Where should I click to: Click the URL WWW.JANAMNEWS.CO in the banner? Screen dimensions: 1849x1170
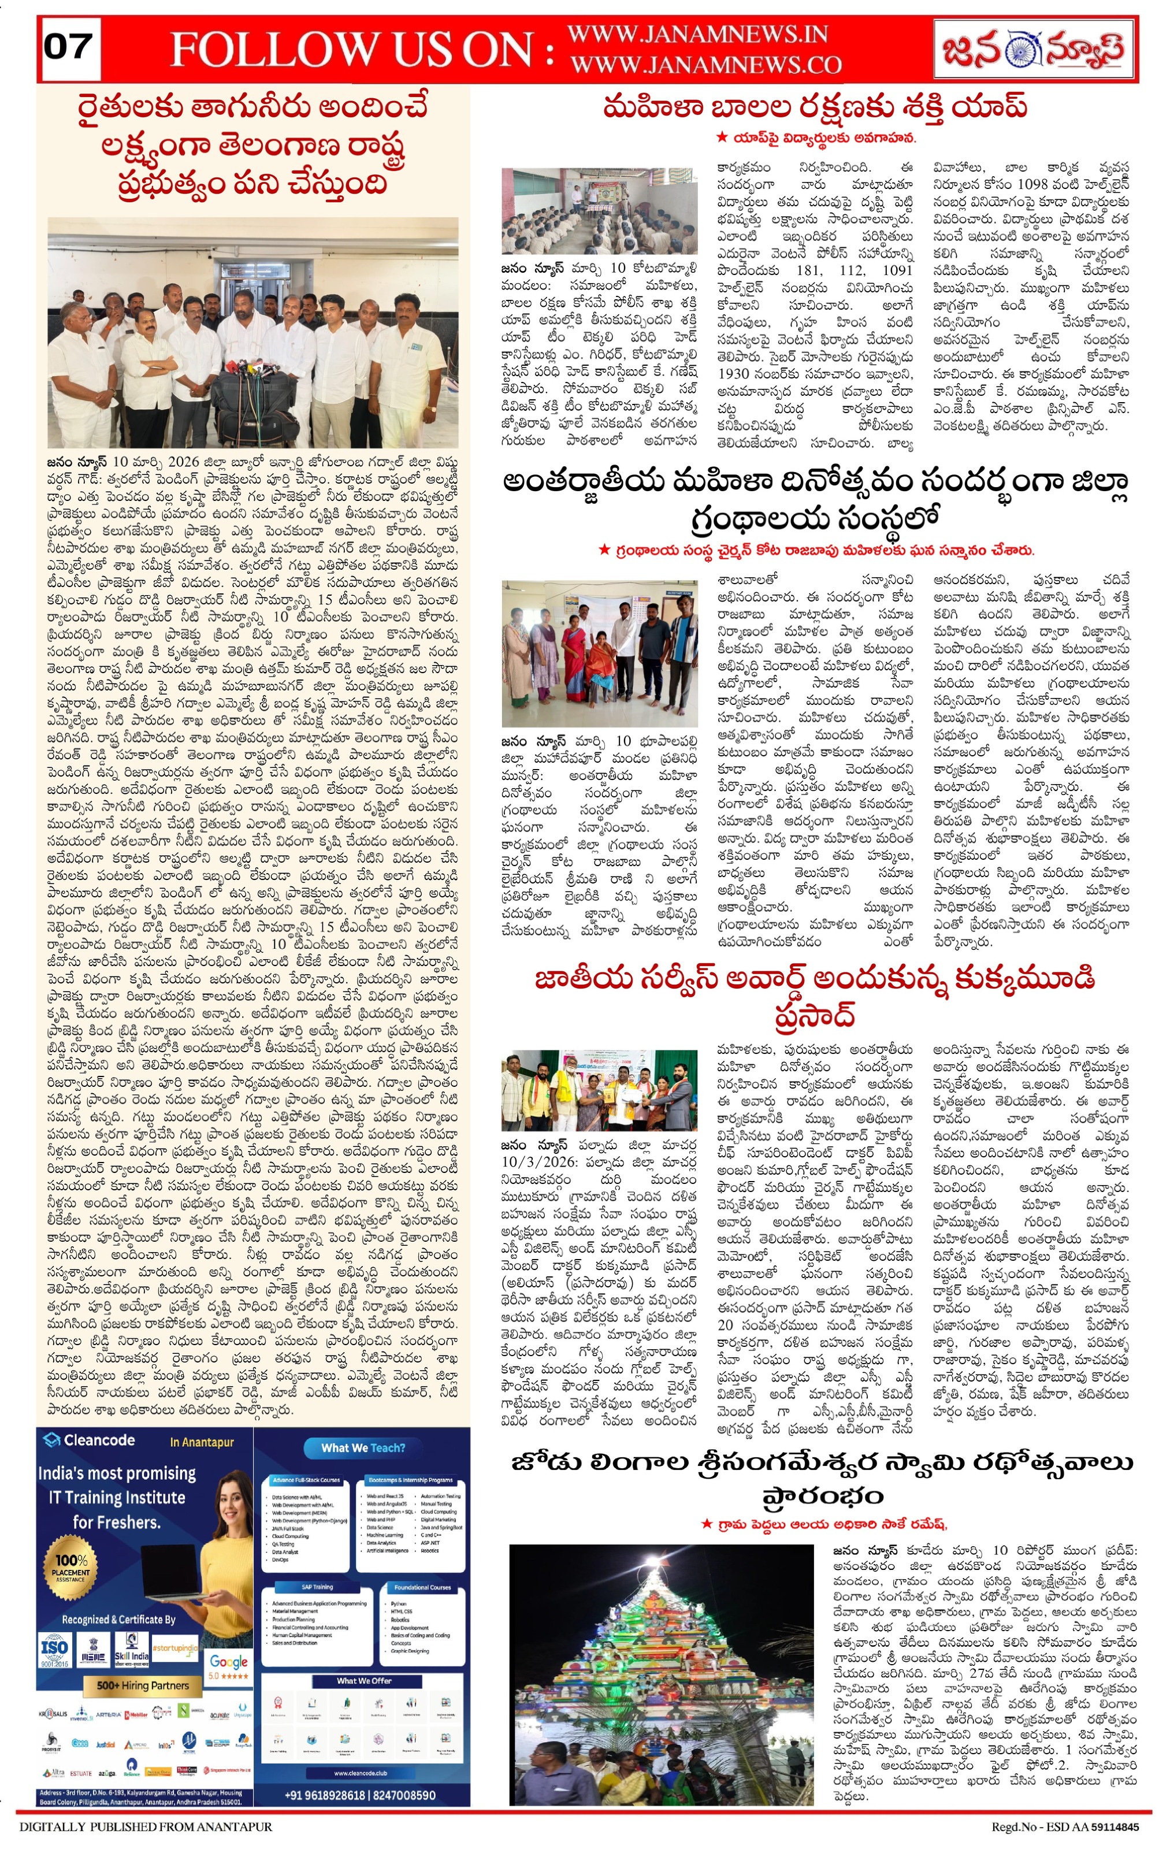coord(705,65)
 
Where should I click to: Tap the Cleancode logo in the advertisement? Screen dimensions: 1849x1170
coord(88,1440)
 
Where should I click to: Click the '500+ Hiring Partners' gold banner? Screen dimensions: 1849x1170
coord(143,1685)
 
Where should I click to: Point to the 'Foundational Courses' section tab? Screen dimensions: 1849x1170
coord(422,1587)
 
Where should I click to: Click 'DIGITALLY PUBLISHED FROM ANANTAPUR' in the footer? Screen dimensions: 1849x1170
coord(146,1828)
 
